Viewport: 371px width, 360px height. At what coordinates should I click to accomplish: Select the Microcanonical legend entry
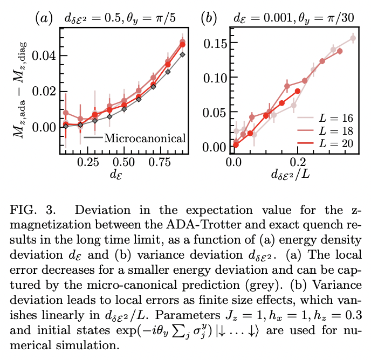(x=144, y=138)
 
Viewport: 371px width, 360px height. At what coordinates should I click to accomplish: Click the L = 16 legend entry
(x=340, y=116)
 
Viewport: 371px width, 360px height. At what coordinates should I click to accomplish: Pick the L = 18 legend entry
(x=340, y=129)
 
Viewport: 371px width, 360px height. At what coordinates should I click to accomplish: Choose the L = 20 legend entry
(x=340, y=143)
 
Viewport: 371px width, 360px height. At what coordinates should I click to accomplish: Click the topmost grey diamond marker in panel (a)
(x=183, y=54)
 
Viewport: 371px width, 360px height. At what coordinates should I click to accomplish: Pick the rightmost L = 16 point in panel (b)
(x=353, y=38)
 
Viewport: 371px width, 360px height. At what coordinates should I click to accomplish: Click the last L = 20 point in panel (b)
(x=298, y=91)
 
